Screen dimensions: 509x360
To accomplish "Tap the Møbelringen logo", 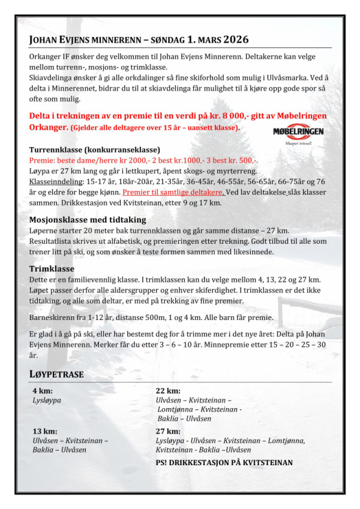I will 293,134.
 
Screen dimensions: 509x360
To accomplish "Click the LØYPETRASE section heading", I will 56,375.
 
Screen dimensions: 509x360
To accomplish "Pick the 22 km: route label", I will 168,391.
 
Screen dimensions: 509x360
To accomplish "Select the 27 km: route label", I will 168,431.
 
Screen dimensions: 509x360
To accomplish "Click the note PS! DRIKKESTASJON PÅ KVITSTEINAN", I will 224,463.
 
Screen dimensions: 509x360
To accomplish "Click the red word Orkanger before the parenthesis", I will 49,128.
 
